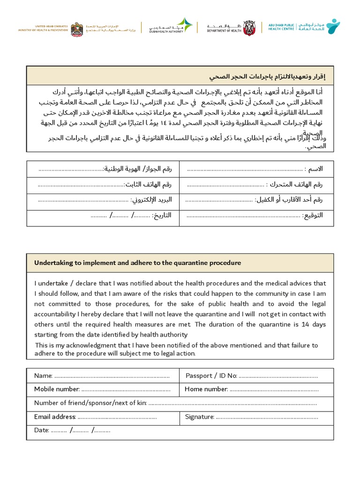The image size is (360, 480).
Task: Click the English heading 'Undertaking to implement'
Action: [x=137, y=263]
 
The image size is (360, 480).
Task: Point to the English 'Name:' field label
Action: [x=44, y=376]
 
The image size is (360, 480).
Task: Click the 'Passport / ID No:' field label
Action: [x=211, y=376]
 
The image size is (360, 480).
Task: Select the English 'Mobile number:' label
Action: [x=57, y=389]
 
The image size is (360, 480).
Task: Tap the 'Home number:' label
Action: [x=206, y=389]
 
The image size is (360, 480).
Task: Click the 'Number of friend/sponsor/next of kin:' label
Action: [x=90, y=403]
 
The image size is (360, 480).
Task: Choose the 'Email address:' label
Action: [x=55, y=417]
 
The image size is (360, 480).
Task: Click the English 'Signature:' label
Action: [x=199, y=417]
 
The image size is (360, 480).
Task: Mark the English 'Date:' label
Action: [x=42, y=430]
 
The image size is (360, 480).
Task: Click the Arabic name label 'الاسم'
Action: [x=314, y=169]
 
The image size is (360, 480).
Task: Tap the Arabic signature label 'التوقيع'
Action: [x=313, y=216]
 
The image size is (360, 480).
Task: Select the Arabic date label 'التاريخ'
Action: [x=162, y=216]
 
